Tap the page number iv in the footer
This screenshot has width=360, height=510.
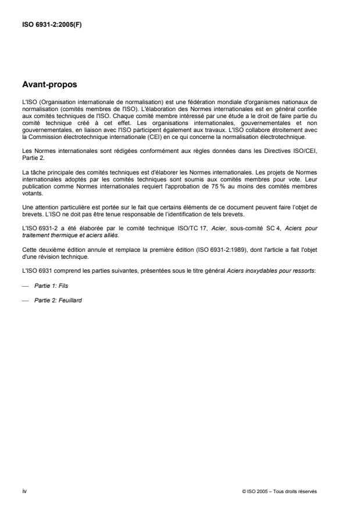click(24, 491)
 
